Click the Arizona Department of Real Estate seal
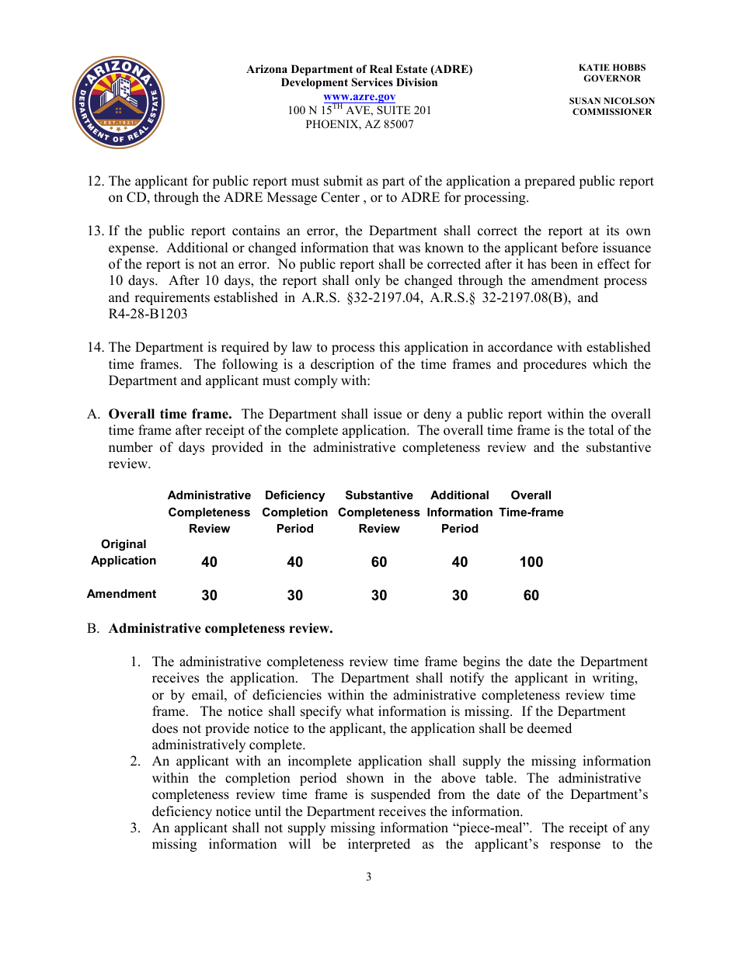pos(118,102)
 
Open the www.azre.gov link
pos(359,96)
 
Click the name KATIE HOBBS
pos(611,68)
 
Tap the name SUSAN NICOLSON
pos(611,101)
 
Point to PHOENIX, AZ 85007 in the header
pos(359,124)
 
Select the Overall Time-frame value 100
pos(531,562)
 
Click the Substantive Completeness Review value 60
pos(378,562)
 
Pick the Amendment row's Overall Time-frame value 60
pos(531,596)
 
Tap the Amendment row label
pos(121,594)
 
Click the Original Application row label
pos(124,553)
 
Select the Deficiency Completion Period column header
pos(294,512)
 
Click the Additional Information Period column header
pos(459,512)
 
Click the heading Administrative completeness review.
pos(220,628)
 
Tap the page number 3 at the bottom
pos(369,877)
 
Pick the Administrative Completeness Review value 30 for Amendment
pos(209,596)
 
